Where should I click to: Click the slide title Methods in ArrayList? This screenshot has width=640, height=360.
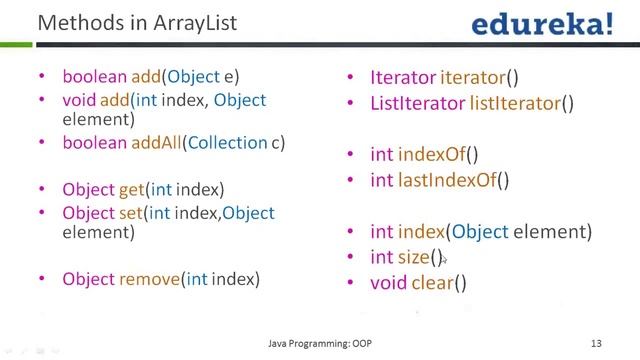137,22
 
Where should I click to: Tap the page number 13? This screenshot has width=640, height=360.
595,342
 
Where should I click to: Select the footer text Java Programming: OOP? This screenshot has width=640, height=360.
320,342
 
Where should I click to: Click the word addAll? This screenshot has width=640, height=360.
155,143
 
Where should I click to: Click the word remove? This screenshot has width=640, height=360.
150,279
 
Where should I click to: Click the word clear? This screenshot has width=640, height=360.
432,283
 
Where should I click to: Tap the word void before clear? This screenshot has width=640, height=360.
388,283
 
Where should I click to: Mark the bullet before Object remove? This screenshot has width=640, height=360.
41,280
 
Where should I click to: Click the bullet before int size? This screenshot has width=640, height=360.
350,258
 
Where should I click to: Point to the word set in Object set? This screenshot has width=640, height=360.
131,213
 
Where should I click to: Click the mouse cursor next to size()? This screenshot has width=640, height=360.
444,260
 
